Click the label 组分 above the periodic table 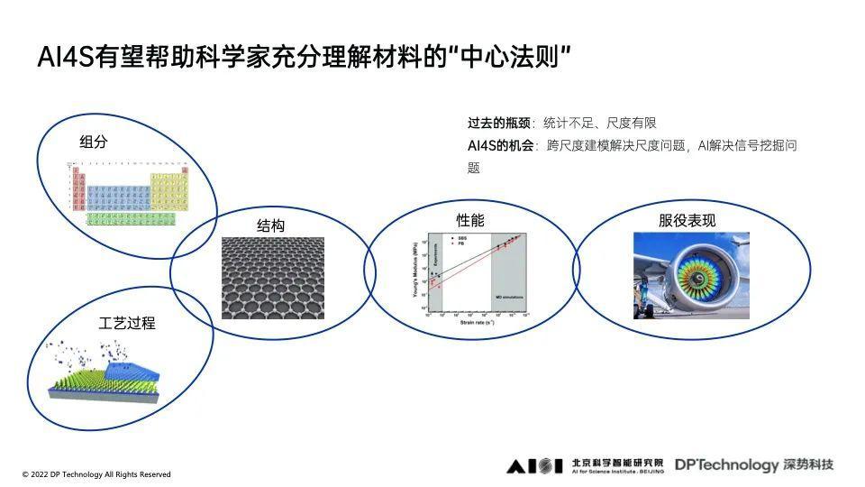pos(93,142)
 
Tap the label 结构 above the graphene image pos(270,225)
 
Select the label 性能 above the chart pos(469,220)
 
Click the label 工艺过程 pos(126,322)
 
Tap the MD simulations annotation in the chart pos(509,296)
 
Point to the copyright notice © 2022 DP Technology pos(96,474)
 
